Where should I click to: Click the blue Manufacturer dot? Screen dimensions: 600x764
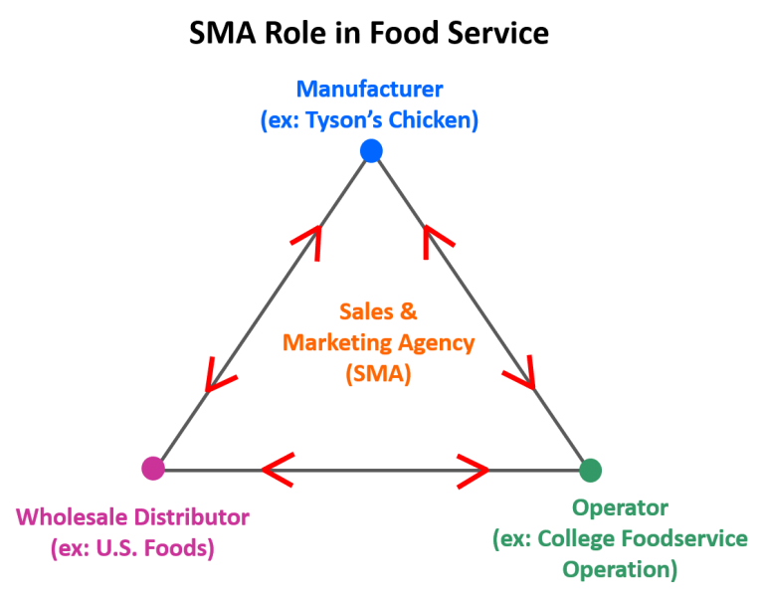(x=371, y=151)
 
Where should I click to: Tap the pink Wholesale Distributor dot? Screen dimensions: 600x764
(x=153, y=468)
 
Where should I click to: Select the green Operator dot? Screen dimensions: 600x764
(x=590, y=470)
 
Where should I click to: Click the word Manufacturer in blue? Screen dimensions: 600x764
(x=369, y=89)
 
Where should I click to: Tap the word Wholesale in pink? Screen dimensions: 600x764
(x=65, y=517)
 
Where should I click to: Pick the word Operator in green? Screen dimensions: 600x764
(x=620, y=508)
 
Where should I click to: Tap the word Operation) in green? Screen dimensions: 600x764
(x=620, y=571)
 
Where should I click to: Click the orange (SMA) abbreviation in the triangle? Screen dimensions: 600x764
(x=378, y=375)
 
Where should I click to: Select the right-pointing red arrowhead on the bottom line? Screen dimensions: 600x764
(x=472, y=470)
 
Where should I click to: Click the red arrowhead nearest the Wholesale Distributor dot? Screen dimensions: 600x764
(x=217, y=375)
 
